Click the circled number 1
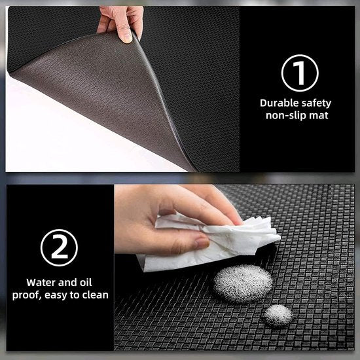click(x=300, y=72)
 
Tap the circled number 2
click(x=59, y=247)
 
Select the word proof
click(x=27, y=295)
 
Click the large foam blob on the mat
click(x=243, y=283)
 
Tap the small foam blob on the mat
click(x=278, y=315)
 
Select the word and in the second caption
click(x=71, y=283)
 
